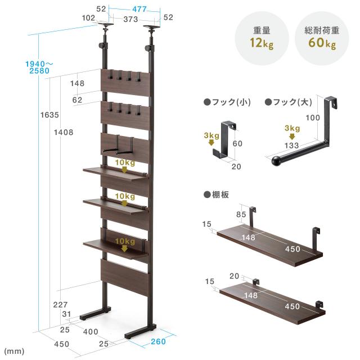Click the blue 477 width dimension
click(139, 9)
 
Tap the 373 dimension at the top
click(130, 19)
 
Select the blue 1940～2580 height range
click(39, 67)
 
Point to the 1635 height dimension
click(49, 115)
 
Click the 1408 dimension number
click(64, 132)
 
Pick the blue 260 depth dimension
click(158, 341)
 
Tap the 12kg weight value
click(262, 43)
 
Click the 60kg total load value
click(322, 43)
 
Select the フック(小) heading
click(227, 102)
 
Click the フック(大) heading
click(289, 102)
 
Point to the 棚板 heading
click(216, 195)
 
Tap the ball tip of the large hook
click(276, 160)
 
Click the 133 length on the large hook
click(291, 145)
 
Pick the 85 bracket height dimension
click(241, 214)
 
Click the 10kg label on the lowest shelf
click(125, 241)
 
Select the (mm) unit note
click(14, 351)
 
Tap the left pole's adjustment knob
click(101, 45)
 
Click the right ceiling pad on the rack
click(152, 27)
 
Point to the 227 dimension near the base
click(60, 305)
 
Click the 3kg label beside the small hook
click(211, 136)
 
